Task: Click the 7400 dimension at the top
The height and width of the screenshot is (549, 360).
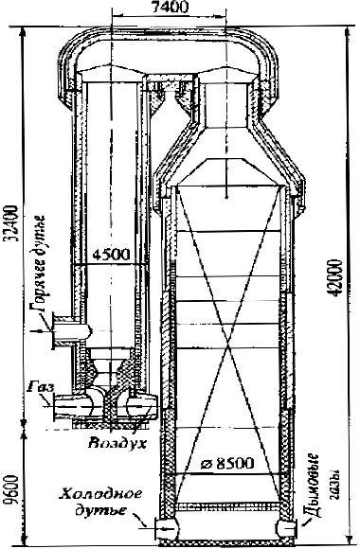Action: [170, 7]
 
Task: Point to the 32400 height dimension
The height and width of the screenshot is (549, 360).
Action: [10, 223]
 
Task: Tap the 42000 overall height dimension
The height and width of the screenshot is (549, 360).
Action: [333, 278]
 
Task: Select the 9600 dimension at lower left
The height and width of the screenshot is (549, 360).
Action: [10, 489]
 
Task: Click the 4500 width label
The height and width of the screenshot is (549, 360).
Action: [111, 255]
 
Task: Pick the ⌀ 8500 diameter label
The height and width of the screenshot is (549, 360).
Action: [226, 464]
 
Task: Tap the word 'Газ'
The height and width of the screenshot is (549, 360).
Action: [42, 387]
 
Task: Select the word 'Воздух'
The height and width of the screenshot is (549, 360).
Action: [117, 444]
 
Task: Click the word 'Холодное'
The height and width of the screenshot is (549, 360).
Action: [101, 494]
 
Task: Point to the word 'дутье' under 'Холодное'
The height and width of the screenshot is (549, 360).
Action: [101, 510]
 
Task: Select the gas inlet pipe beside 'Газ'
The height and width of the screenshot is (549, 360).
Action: [73, 406]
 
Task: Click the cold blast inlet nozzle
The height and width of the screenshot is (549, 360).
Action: [167, 526]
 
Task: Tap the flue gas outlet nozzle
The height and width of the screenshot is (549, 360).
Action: [287, 526]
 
